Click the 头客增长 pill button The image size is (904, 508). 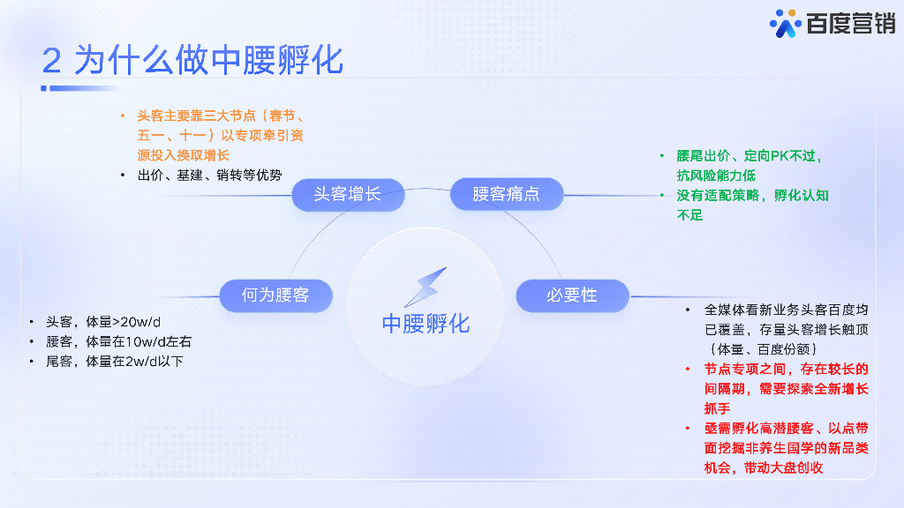[347, 194]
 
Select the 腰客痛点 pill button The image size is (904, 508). [506, 194]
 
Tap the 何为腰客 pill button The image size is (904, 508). [275, 295]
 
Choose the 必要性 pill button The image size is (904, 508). [572, 295]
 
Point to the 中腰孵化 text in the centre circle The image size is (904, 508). [426, 324]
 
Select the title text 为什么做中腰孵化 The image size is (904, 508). [208, 60]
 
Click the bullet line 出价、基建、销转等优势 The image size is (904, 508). [209, 175]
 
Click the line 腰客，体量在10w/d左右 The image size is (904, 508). [118, 341]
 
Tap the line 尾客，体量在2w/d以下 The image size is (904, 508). [115, 361]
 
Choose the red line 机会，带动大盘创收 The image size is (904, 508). [763, 467]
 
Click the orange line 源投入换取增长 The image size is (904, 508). [184, 155]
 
